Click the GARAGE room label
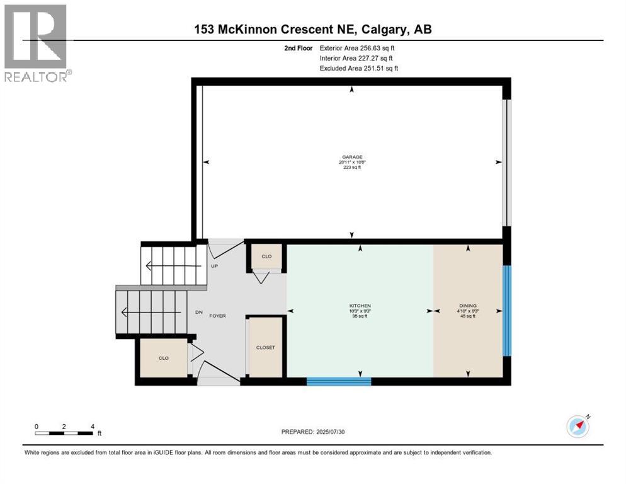pyautogui.click(x=352, y=158)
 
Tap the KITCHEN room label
pyautogui.click(x=360, y=306)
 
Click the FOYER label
pyautogui.click(x=217, y=316)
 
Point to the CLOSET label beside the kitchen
pyautogui.click(x=265, y=347)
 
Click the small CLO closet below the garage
pyautogui.click(x=266, y=256)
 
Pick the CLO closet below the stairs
pyautogui.click(x=163, y=357)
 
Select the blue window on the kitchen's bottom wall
pyautogui.click(x=339, y=381)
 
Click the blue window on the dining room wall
pyautogui.click(x=507, y=311)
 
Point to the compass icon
pyautogui.click(x=578, y=426)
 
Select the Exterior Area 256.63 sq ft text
pyautogui.click(x=357, y=48)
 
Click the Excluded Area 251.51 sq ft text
pyautogui.click(x=359, y=68)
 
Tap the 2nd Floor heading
pyautogui.click(x=299, y=48)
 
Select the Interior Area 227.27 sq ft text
pyautogui.click(x=356, y=58)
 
